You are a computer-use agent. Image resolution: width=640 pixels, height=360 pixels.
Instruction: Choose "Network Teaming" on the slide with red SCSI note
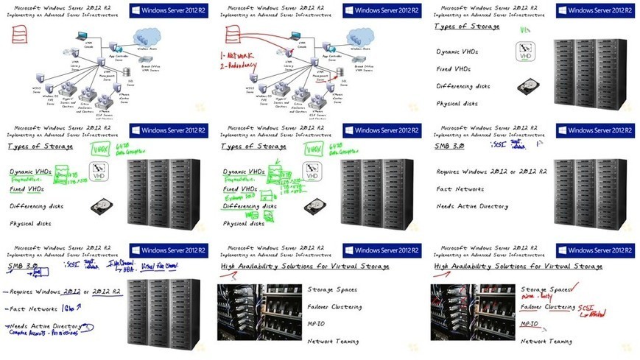[546, 342]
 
